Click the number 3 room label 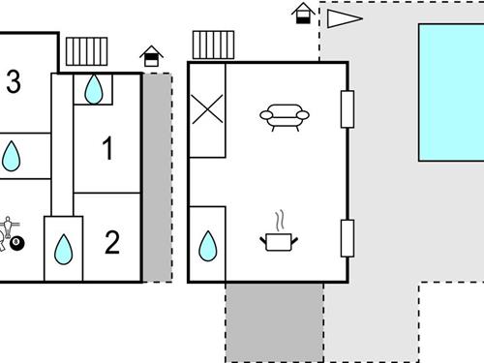click(13, 83)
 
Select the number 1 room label click(107, 149)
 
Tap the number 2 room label click(111, 242)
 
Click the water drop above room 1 click(93, 89)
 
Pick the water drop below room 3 click(12, 157)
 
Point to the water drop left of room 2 click(64, 249)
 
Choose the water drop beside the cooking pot click(208, 247)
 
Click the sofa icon click(285, 116)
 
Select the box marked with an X click(207, 108)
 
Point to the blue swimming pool click(451, 92)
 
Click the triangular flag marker click(343, 18)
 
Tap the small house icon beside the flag click(304, 15)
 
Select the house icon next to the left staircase click(151, 56)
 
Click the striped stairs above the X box click(213, 45)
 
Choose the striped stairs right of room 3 click(87, 50)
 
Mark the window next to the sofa click(348, 108)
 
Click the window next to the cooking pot click(348, 238)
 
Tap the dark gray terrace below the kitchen click(274, 322)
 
